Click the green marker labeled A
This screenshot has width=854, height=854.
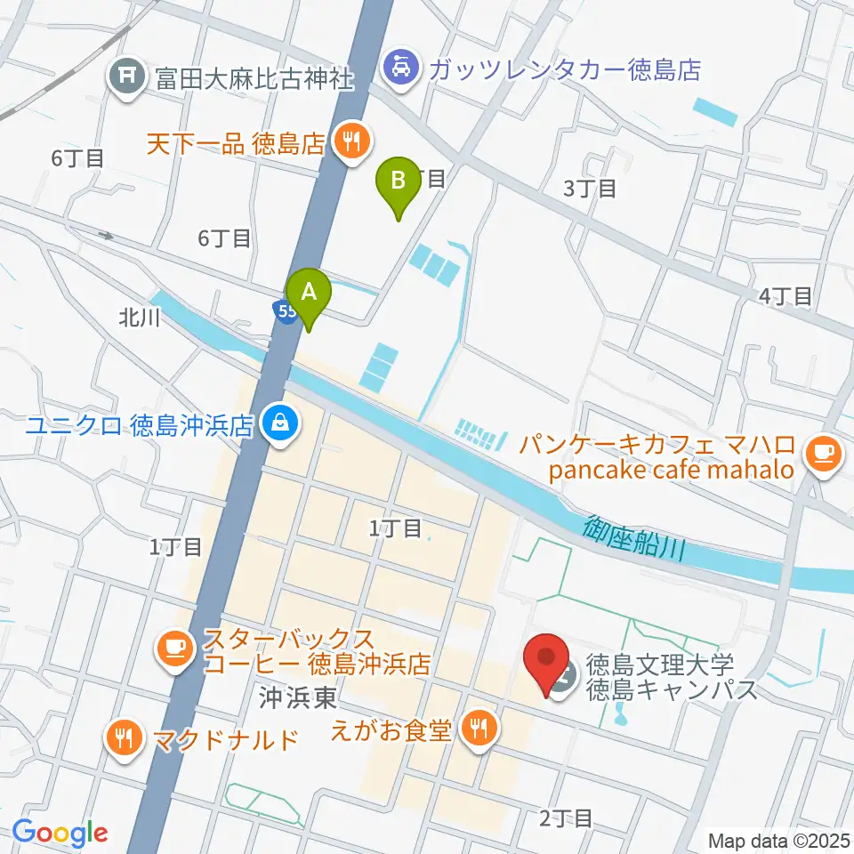[309, 294]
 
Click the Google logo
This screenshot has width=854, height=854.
[60, 834]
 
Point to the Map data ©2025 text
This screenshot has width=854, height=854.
[778, 840]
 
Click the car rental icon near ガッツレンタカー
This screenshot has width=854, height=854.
[401, 68]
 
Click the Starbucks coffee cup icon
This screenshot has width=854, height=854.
[174, 648]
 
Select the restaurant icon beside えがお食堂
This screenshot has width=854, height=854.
[480, 729]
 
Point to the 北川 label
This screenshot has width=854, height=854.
[139, 318]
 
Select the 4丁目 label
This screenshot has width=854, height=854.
[786, 296]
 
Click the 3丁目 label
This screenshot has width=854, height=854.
[589, 188]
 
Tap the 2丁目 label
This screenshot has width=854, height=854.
[565, 817]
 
